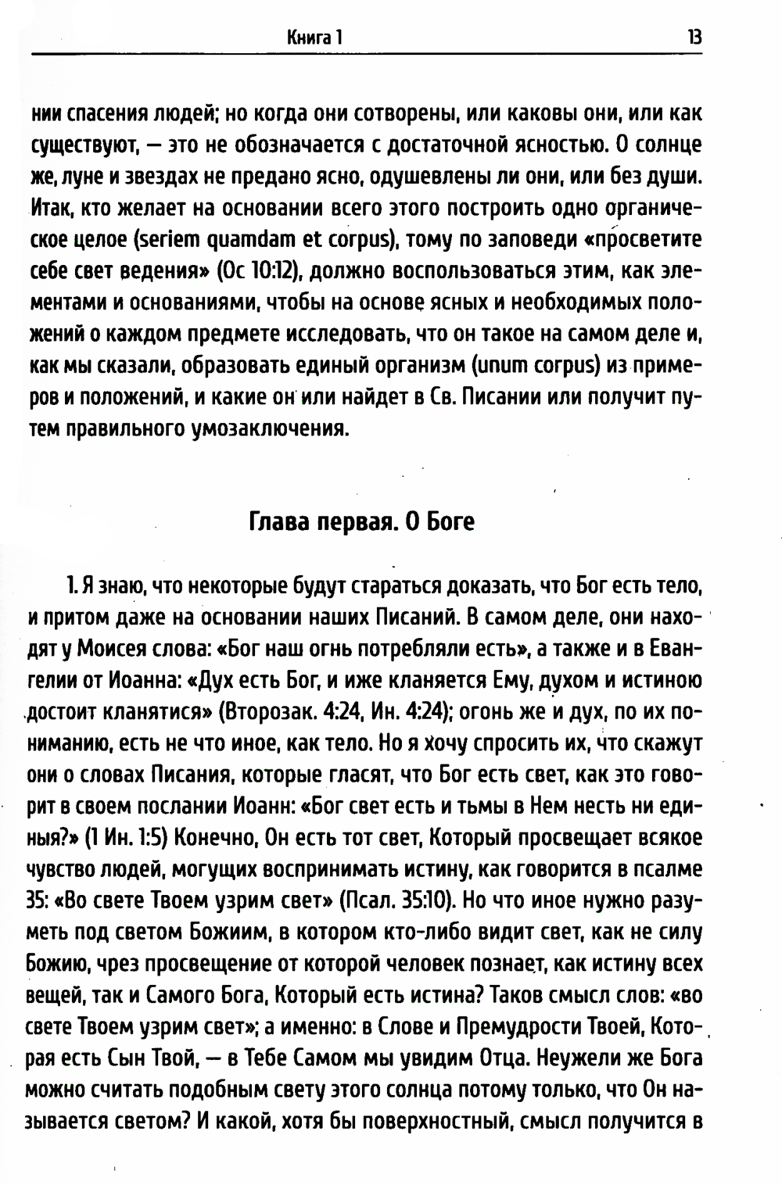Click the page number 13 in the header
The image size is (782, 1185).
(x=694, y=36)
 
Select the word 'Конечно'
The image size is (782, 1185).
(x=212, y=837)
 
